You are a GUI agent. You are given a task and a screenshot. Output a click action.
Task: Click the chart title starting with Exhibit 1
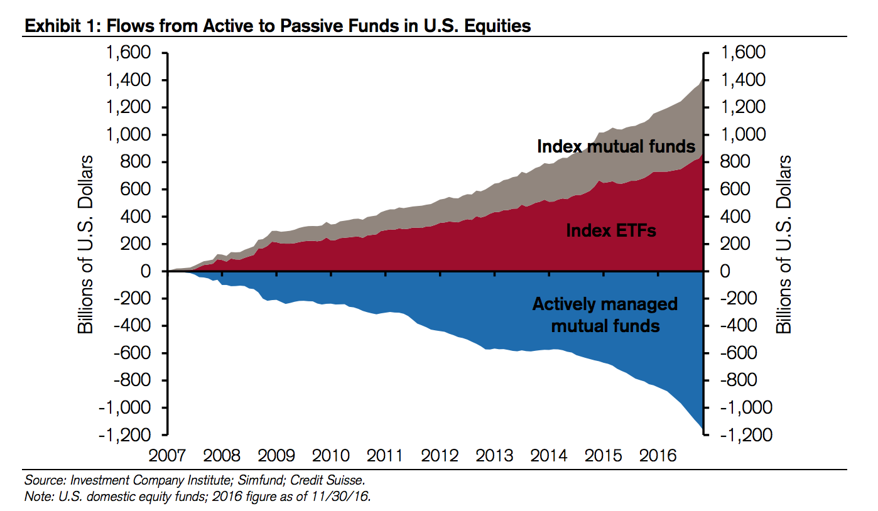click(x=277, y=26)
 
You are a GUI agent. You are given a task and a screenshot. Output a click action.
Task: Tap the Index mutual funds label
click(x=616, y=146)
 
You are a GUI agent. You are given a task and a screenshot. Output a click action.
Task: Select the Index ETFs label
click(x=611, y=230)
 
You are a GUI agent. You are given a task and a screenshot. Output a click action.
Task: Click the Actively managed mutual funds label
click(x=605, y=315)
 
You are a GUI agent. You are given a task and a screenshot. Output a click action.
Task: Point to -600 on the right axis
click(x=737, y=353)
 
